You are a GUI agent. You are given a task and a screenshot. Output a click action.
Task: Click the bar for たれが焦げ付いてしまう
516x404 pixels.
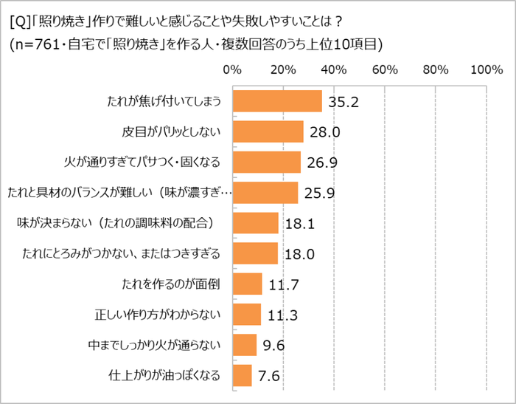(277, 101)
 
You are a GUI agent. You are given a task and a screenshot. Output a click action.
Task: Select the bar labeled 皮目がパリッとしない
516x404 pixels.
(268, 131)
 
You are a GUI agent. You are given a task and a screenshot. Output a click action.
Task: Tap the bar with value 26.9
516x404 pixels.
(266, 162)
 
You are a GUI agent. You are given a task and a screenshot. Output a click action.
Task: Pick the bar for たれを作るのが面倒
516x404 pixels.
(247, 284)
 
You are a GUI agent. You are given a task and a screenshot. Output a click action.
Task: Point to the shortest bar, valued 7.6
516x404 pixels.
(242, 375)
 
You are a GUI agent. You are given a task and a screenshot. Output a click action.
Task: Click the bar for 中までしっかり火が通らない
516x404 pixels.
(244, 345)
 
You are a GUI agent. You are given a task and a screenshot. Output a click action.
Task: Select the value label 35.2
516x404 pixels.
(344, 103)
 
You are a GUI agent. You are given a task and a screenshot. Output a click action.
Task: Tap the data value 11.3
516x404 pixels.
(282, 315)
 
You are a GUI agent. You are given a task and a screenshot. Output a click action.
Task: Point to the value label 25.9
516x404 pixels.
(320, 194)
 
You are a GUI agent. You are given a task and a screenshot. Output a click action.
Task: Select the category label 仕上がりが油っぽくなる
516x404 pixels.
(164, 375)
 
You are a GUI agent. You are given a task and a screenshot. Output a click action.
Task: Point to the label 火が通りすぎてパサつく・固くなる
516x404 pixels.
(143, 162)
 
